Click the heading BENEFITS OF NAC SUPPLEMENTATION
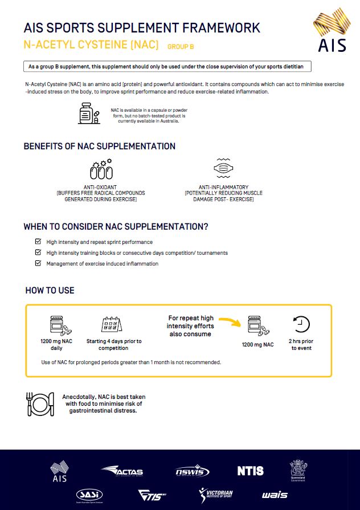[99, 146]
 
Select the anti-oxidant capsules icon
[101, 169]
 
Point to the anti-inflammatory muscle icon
[223, 169]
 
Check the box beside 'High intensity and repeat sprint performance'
[38, 242]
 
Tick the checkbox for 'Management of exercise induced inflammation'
[38, 263]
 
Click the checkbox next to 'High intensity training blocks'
[38, 252]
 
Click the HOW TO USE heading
[50, 291]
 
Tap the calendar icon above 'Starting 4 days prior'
[112, 325]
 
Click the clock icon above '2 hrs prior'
[301, 324]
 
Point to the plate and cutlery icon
[40, 403]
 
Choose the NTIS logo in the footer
[251, 471]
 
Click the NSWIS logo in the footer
[192, 472]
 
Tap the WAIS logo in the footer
[275, 495]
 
